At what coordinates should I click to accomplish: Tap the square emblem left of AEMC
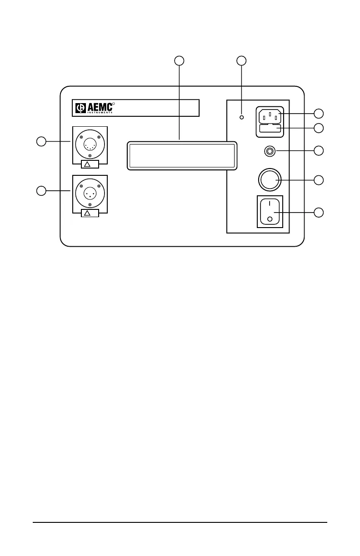click(x=80, y=108)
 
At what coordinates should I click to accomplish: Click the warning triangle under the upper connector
click(x=89, y=164)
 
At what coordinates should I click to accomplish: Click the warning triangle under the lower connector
click(x=89, y=213)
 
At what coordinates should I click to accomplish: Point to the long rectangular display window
click(x=182, y=155)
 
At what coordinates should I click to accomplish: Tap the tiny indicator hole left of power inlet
click(x=242, y=117)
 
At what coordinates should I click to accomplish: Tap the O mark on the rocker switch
click(x=270, y=219)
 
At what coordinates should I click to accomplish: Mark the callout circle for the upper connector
click(x=41, y=141)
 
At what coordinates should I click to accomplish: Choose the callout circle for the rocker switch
click(x=319, y=212)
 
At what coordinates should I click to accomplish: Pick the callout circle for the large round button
click(x=319, y=180)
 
